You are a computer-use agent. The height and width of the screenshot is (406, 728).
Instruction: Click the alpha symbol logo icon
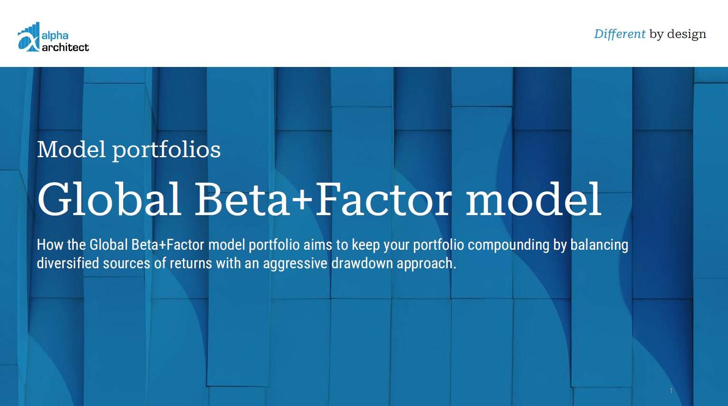(29, 38)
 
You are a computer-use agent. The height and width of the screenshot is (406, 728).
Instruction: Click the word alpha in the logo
(55, 36)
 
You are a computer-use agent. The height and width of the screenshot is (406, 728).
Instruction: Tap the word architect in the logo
(65, 47)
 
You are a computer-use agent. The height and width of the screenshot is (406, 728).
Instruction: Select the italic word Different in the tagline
(620, 34)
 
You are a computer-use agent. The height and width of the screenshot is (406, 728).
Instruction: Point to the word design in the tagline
(687, 34)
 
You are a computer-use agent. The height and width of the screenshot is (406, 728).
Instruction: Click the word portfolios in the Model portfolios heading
(166, 150)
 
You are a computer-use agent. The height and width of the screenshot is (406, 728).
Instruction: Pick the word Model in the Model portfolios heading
(71, 150)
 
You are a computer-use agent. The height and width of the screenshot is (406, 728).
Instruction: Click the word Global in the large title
(109, 199)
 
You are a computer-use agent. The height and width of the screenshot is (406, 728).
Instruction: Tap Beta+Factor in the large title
(323, 199)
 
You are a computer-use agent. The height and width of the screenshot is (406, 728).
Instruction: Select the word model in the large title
(533, 199)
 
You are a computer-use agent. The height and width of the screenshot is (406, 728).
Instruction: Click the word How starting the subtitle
(50, 245)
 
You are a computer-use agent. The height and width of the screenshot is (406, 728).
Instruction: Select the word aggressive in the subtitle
(295, 264)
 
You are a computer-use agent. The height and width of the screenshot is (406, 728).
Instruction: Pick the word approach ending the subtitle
(425, 264)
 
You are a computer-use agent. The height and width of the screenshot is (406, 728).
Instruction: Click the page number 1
(671, 391)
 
